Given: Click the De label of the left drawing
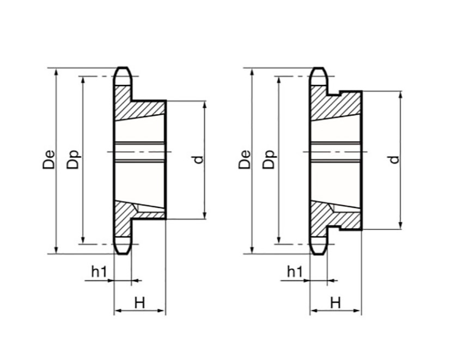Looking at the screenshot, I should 49,161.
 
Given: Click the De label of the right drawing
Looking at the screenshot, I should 245,161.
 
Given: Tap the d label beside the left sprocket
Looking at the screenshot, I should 198,160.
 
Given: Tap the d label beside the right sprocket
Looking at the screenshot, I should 393,160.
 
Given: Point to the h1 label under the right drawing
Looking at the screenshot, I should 295,271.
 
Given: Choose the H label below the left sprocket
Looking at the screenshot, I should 139,303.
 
